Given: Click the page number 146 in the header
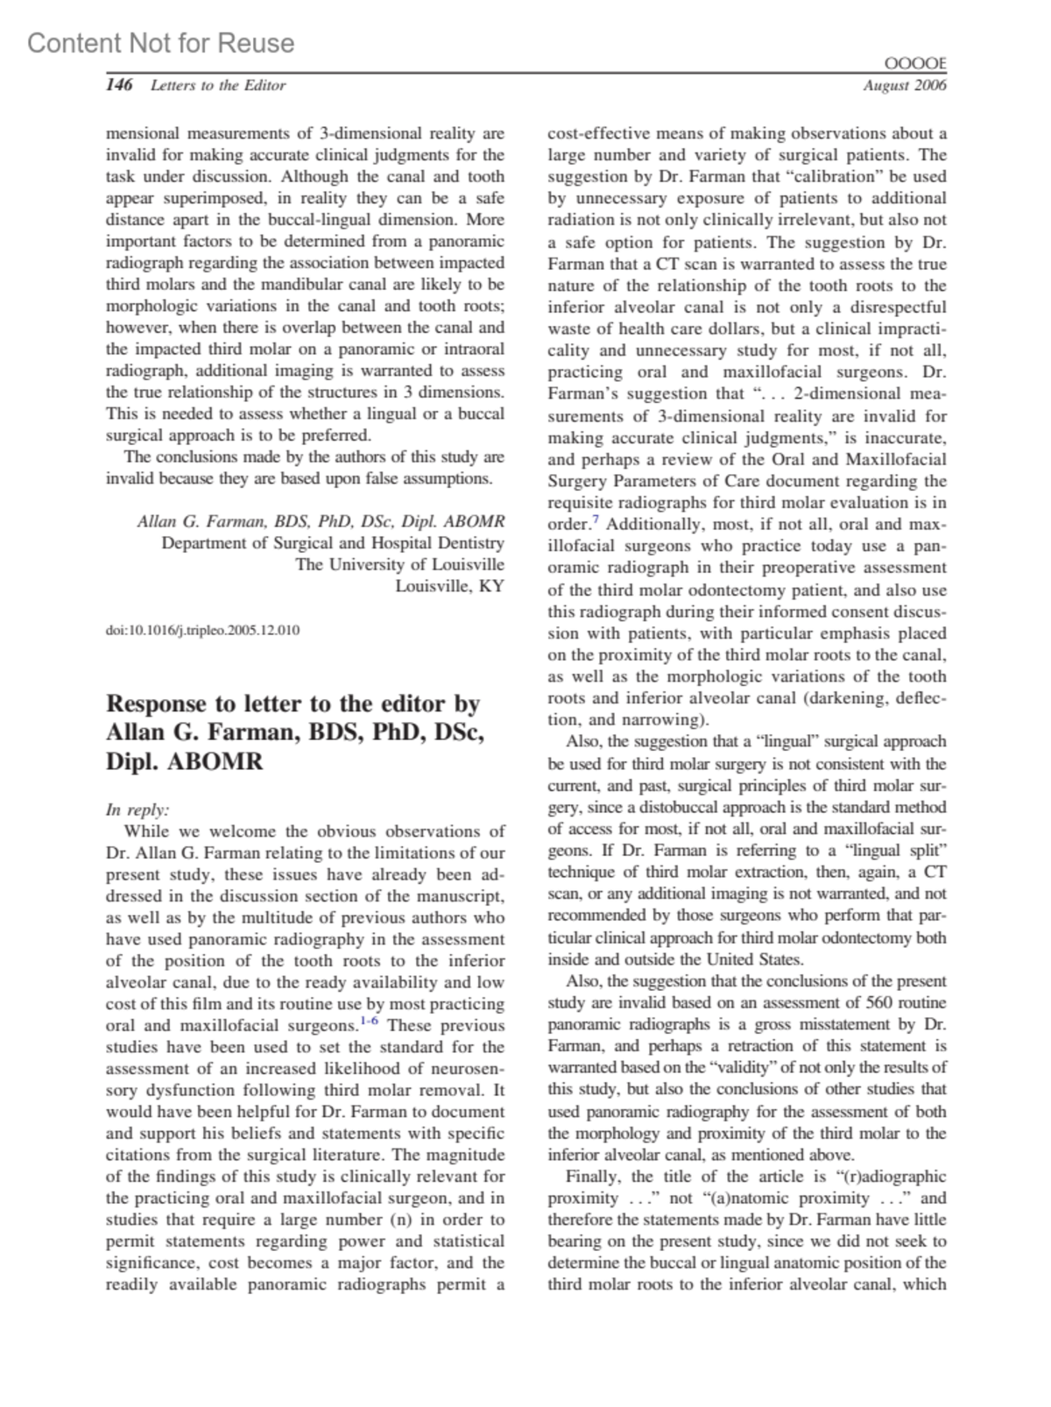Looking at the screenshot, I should click(x=119, y=85).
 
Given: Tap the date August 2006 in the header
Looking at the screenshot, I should click(x=904, y=86).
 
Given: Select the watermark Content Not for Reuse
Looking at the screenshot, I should click(x=161, y=43).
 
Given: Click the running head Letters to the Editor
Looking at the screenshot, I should click(x=218, y=86).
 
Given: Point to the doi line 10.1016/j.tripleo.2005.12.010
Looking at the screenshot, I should click(x=202, y=630).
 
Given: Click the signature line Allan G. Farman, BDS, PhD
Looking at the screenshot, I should click(x=321, y=522).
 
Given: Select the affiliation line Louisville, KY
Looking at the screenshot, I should click(x=449, y=586).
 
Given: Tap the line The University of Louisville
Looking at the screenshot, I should click(x=399, y=565).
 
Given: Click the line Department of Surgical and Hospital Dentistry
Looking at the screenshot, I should click(x=333, y=543).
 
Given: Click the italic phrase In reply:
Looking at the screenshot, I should click(x=138, y=810).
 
